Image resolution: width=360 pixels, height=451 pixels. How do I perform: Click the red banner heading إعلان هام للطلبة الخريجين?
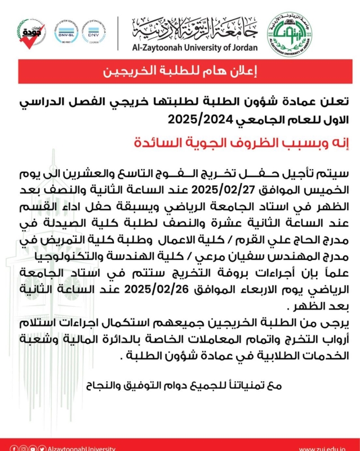coord(180,72)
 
